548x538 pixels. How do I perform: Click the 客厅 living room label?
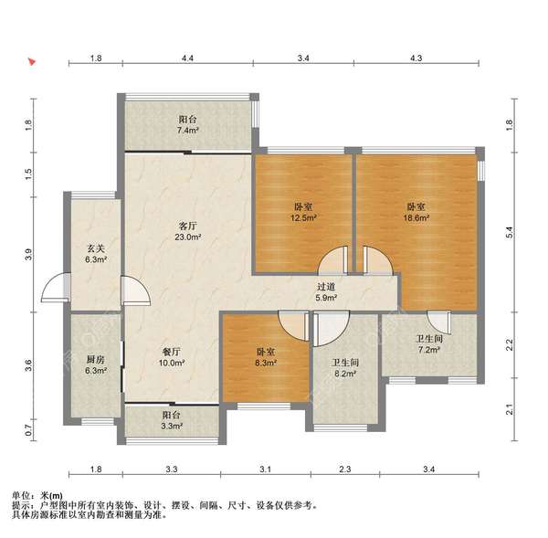coord(189,225)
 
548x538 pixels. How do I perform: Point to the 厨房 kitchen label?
coord(96,359)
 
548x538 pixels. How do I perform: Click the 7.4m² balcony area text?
coord(189,131)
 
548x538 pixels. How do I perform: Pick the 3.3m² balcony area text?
coord(172,427)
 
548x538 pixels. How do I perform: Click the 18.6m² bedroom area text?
coord(416,218)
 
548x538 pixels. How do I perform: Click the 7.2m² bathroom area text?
coord(429,350)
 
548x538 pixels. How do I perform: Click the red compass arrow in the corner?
coord(33,63)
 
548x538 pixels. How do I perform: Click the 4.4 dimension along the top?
coord(187,58)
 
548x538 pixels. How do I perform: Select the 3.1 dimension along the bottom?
coord(264,471)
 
